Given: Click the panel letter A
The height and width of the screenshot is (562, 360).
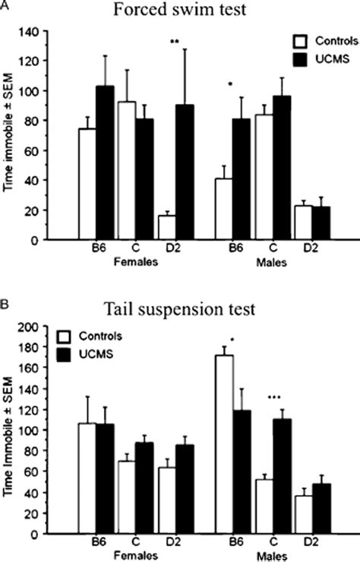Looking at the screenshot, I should point(5,5).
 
